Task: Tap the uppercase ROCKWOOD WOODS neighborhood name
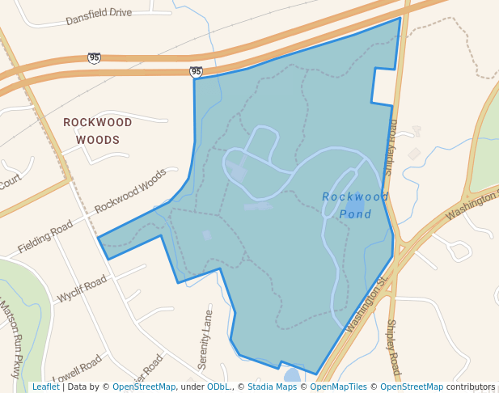point(98,131)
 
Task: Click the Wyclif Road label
point(82,289)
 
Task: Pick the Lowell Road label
point(78,369)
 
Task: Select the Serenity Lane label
point(205,339)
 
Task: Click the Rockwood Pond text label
point(355,205)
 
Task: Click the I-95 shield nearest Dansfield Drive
point(95,57)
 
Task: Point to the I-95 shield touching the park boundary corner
point(197,72)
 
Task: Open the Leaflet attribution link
point(45,387)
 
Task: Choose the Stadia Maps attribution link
point(270,387)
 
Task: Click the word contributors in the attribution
point(470,387)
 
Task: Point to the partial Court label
point(9,180)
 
